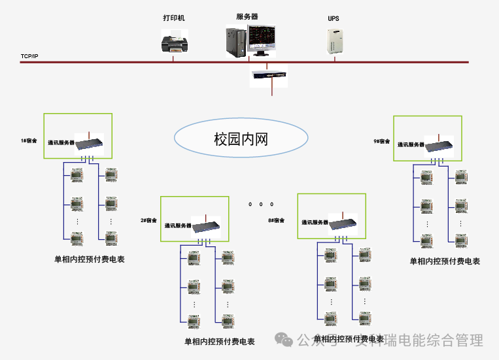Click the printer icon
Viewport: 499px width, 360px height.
174,43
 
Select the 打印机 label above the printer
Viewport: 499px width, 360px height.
174,18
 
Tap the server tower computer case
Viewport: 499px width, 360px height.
235,42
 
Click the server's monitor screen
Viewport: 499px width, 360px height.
262,39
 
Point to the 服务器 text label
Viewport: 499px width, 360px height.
247,16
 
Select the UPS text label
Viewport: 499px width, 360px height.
334,19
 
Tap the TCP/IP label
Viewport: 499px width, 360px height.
30,57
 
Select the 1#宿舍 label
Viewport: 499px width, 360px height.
29,140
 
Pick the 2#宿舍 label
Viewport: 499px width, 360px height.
149,220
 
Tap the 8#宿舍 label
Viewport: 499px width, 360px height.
277,220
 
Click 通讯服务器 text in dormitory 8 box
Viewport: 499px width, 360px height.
315,222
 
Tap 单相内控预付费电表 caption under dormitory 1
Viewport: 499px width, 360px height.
90,259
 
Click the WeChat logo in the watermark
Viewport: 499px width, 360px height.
284,340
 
